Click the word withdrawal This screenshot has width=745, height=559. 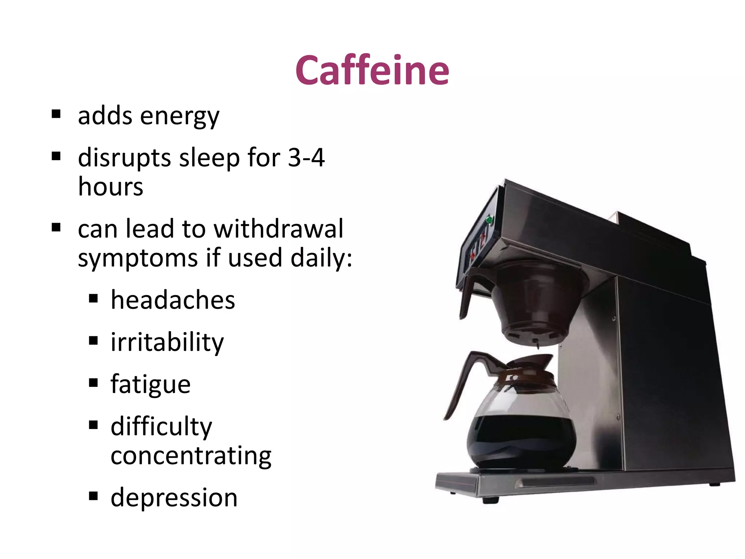pyautogui.click(x=278, y=229)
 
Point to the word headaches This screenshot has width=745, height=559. pyautogui.click(x=173, y=300)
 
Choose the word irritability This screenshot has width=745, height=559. pyautogui.click(x=167, y=342)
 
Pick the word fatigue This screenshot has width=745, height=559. pyautogui.click(x=151, y=385)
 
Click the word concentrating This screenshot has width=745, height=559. pyautogui.click(x=191, y=456)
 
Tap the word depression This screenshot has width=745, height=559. pyautogui.click(x=174, y=497)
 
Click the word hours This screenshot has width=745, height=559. pyautogui.click(x=111, y=187)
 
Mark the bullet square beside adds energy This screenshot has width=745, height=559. pyautogui.click(x=56, y=114)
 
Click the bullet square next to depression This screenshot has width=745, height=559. pyautogui.click(x=93, y=495)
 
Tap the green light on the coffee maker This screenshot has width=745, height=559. pyautogui.click(x=489, y=220)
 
